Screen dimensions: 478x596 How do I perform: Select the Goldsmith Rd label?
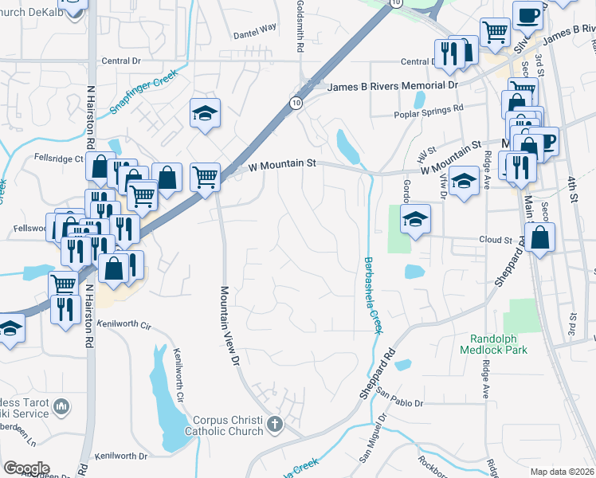click(x=300, y=27)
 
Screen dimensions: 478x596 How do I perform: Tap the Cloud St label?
click(x=495, y=239)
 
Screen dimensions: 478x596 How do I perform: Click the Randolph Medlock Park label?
click(x=494, y=343)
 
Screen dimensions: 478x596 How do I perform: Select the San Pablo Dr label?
click(x=401, y=398)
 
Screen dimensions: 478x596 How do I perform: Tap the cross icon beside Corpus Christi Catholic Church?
click(x=276, y=424)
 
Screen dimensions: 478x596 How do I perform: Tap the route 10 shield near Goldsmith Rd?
click(x=296, y=103)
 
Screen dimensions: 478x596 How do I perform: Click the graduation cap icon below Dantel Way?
click(x=205, y=113)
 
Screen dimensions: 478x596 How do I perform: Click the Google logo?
click(x=26, y=468)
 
